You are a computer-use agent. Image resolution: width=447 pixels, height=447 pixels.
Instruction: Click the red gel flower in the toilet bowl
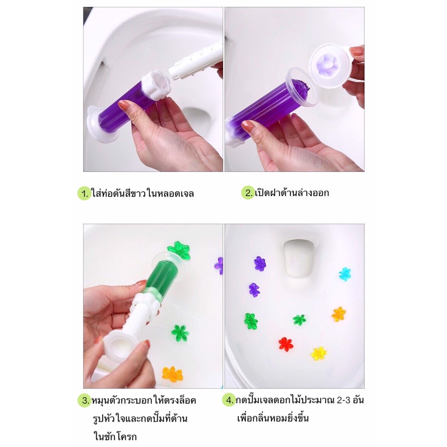click(x=285, y=344)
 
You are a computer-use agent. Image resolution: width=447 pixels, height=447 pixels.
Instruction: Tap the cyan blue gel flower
click(x=345, y=274)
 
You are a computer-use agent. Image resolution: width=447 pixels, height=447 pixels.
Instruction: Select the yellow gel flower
click(x=319, y=354)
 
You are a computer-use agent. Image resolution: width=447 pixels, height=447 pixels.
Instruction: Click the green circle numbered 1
click(x=84, y=193)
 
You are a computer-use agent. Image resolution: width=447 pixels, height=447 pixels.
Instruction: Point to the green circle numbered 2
click(x=248, y=193)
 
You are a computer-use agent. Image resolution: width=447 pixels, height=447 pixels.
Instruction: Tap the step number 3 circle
click(x=84, y=400)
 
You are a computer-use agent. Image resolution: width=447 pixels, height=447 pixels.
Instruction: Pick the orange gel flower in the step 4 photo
click(x=339, y=314)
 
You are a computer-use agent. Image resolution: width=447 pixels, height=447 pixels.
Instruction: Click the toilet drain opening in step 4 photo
click(x=298, y=258)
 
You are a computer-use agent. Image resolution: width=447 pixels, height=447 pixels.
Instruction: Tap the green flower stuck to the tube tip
click(x=179, y=250)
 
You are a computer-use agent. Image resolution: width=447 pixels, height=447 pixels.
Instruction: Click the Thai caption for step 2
click(x=292, y=193)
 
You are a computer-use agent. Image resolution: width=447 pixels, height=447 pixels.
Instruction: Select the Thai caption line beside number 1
click(x=143, y=193)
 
